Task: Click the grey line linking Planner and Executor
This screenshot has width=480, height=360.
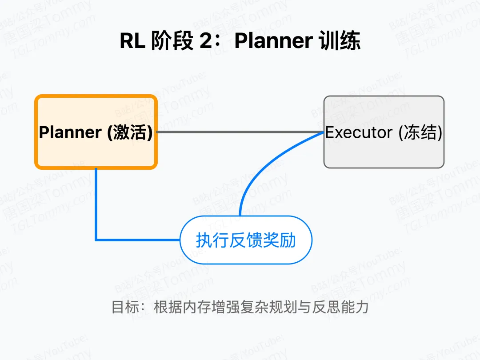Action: point(240,132)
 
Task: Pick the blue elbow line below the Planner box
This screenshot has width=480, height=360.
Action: point(96,209)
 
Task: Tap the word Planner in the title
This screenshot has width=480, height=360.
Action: point(273,41)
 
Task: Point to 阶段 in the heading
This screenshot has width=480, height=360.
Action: point(172,41)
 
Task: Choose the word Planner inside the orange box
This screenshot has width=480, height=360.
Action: point(70,132)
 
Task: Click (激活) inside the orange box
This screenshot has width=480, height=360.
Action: point(129,132)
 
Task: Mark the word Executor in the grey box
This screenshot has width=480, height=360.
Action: point(359,132)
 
